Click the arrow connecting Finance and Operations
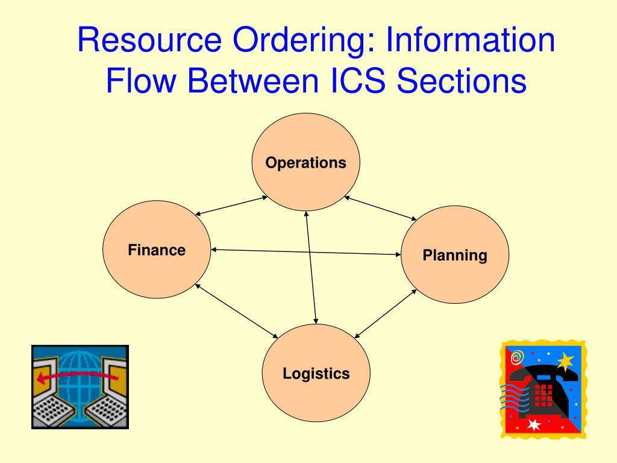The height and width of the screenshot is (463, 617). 232,206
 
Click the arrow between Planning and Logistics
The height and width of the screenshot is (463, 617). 386,312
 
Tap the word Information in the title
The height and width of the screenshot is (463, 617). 470,41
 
